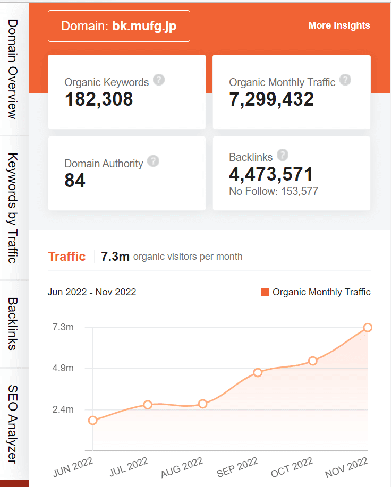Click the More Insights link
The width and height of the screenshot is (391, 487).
tap(339, 25)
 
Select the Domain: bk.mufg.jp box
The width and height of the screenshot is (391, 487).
tap(119, 26)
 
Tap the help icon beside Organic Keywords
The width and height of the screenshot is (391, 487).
tap(158, 80)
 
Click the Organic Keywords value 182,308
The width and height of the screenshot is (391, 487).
tap(99, 99)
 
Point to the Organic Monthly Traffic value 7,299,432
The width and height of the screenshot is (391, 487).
tap(271, 99)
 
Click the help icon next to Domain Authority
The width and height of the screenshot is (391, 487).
tap(153, 161)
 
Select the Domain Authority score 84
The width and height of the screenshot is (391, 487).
tap(75, 181)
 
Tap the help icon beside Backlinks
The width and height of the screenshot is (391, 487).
tap(283, 155)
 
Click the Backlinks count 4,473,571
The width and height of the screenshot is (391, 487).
tap(271, 174)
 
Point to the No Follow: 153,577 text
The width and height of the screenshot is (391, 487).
tap(274, 191)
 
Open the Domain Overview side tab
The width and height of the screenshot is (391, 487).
tap(14, 69)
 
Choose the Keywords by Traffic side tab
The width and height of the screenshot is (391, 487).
tap(14, 208)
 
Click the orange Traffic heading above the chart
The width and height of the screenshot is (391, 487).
tap(67, 257)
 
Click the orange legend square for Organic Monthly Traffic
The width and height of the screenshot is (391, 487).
tap(266, 292)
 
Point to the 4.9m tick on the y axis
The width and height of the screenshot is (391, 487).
tap(63, 368)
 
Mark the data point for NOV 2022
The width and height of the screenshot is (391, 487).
tap(367, 328)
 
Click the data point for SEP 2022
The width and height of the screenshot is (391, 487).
tap(258, 372)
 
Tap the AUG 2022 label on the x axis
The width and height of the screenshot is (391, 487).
tap(182, 467)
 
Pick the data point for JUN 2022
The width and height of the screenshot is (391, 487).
tap(93, 420)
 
